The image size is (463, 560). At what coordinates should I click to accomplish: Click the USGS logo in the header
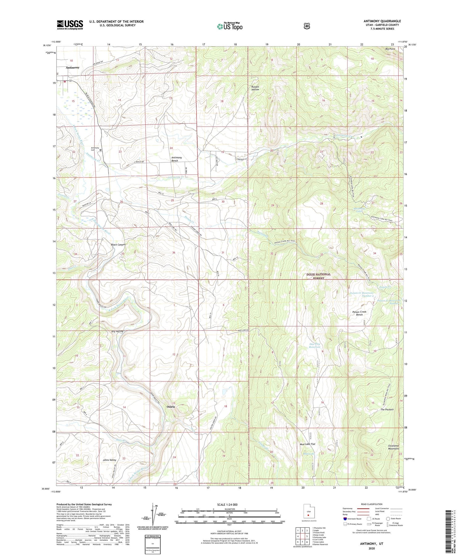[70, 25]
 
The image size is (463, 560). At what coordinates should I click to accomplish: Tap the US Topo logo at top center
[230, 26]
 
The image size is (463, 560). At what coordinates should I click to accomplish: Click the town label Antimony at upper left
[73, 67]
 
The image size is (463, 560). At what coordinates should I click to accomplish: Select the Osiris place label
[171, 406]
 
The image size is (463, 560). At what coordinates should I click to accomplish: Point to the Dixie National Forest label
[319, 276]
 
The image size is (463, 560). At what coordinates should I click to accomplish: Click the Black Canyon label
[118, 244]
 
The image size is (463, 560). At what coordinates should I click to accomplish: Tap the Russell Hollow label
[255, 88]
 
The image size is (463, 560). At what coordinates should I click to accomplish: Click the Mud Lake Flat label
[307, 444]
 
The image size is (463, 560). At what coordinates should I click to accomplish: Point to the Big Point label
[390, 49]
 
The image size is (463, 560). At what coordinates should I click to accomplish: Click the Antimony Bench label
[177, 159]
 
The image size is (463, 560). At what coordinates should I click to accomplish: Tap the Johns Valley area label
[110, 460]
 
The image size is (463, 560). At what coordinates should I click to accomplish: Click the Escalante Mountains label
[394, 447]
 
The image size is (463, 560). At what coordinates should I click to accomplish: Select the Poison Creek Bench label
[359, 313]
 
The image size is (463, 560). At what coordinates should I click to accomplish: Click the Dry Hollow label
[117, 331]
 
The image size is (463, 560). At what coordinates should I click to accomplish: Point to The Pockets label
[387, 409]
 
